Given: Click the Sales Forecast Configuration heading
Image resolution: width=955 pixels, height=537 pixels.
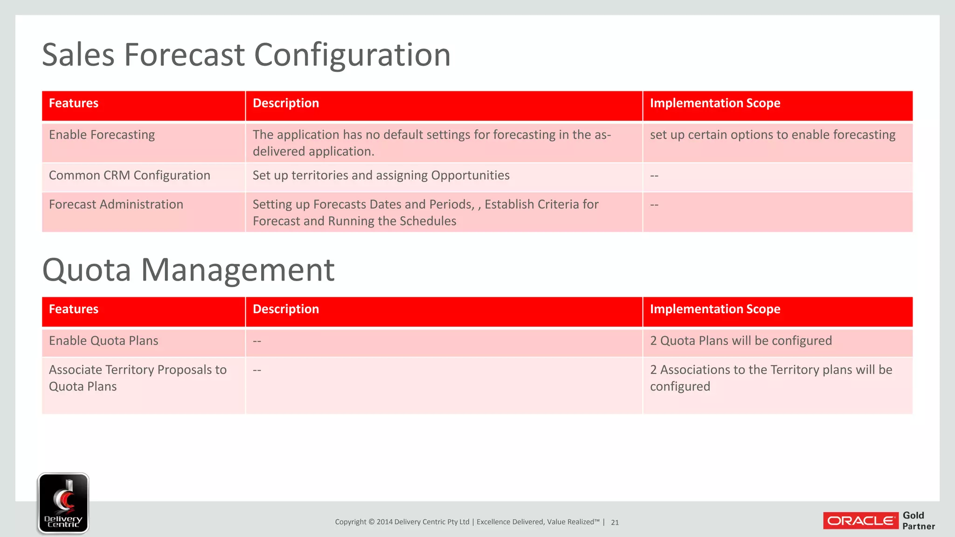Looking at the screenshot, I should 246,55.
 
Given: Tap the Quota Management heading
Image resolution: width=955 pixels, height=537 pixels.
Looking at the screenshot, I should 188,270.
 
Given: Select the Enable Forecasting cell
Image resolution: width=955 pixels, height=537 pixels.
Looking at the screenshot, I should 102,135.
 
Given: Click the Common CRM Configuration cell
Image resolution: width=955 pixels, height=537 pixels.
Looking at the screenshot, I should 129,175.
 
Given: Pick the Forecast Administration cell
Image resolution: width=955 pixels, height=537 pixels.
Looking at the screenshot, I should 116,205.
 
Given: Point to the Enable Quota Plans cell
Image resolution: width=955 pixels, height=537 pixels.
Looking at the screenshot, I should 104,341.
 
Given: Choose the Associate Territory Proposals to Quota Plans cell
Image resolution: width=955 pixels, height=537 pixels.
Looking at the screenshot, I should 137,378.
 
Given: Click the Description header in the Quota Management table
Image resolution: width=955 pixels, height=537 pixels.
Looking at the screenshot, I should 285,309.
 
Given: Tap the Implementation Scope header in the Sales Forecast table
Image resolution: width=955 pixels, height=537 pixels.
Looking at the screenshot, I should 714,103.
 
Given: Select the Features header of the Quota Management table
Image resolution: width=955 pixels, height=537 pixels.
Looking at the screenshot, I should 74,309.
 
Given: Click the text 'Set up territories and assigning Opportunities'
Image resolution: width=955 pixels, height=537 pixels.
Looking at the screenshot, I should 381,175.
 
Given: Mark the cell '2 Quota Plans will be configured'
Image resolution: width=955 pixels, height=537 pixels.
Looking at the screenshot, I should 740,341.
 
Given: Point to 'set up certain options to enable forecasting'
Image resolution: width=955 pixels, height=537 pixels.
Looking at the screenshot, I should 772,135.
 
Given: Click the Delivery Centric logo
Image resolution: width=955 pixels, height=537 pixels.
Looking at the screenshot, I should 63,503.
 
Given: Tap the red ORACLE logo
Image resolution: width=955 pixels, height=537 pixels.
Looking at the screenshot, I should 861,521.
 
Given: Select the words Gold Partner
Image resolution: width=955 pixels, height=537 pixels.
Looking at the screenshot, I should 918,521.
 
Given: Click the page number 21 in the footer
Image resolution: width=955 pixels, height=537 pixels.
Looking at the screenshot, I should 615,523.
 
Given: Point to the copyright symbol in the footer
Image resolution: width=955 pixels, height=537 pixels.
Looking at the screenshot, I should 372,522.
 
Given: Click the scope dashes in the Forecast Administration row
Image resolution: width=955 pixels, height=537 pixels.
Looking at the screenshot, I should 654,205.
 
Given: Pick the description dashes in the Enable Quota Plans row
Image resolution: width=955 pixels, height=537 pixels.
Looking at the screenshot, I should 256,341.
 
